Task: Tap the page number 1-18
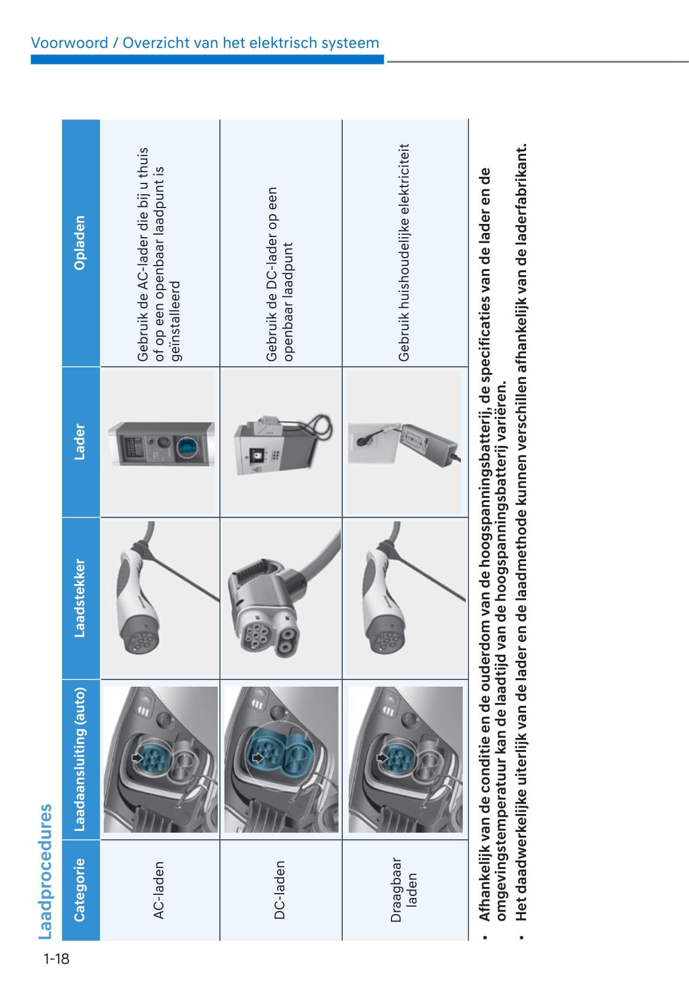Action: pyautogui.click(x=56, y=959)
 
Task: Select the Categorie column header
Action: pyautogui.click(x=80, y=889)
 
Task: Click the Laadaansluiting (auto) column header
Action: pyautogui.click(x=80, y=759)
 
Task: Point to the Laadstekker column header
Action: pyautogui.click(x=80, y=598)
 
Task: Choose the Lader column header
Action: pyautogui.click(x=80, y=442)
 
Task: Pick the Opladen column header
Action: pyautogui.click(x=80, y=243)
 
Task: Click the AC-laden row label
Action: pyautogui.click(x=159, y=889)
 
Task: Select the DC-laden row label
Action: pyautogui.click(x=279, y=889)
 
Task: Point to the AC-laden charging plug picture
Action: pyautogui.click(x=160, y=597)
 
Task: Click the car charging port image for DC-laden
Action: pyautogui.click(x=281, y=759)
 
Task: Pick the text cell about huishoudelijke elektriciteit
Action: pyautogui.click(x=404, y=252)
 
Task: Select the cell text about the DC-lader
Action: pyautogui.click(x=280, y=275)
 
